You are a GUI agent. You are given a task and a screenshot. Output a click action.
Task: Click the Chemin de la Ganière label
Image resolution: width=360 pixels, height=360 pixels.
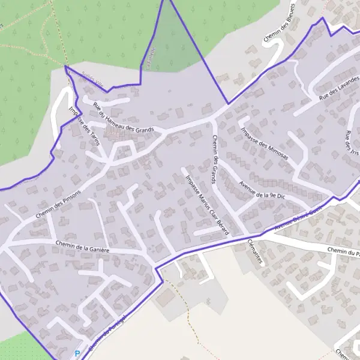click(x=82, y=246)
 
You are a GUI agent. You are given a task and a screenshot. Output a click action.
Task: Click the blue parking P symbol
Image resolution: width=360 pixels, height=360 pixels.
click(x=77, y=353)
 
